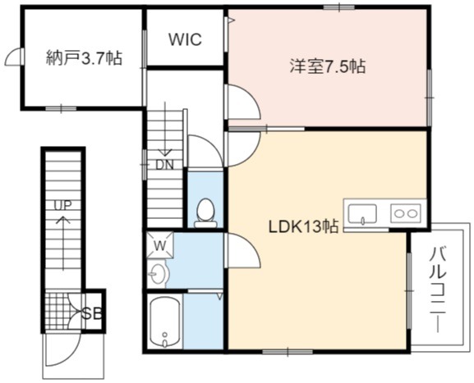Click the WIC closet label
click(x=185, y=39)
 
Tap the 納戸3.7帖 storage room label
click(x=84, y=58)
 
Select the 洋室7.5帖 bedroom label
click(x=328, y=66)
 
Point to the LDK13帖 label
click(x=303, y=226)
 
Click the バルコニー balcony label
click(x=438, y=290)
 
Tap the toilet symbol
click(x=205, y=212)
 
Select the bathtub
click(x=165, y=322)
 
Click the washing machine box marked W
click(x=160, y=244)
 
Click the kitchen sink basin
click(x=362, y=214)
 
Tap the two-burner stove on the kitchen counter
click(x=406, y=213)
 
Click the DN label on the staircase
click(x=164, y=165)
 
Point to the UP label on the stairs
click(x=63, y=206)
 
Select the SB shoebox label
click(x=92, y=314)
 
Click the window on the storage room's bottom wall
click(x=62, y=108)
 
